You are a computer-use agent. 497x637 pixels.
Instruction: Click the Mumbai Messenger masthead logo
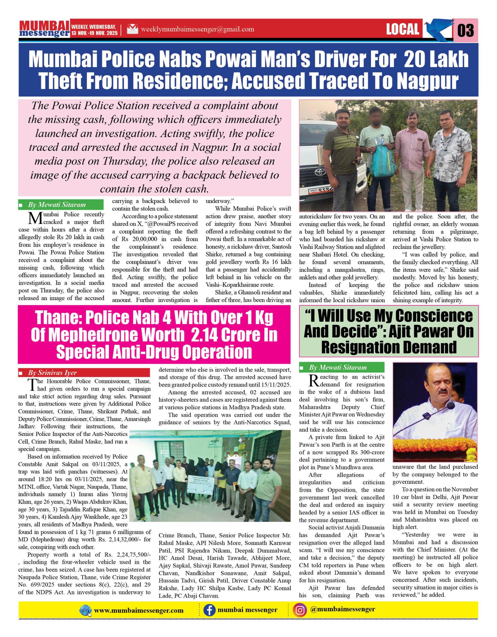(44, 29)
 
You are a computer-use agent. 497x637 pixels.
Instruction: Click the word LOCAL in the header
(402, 29)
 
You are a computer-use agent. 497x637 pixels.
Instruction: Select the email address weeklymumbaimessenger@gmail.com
(197, 29)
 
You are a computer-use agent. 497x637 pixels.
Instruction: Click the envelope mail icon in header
(132, 29)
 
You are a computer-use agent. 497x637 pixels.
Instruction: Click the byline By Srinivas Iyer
(52, 372)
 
